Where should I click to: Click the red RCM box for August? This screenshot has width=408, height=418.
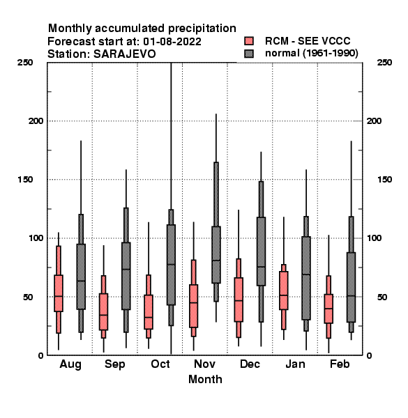[x=59, y=293]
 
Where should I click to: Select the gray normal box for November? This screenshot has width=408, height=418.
[x=216, y=254]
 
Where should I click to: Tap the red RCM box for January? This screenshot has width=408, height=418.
[x=284, y=291]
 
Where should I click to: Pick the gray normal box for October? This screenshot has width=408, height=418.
[x=171, y=265]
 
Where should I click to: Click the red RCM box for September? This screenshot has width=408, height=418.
[x=103, y=311]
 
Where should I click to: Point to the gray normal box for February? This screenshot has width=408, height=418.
[x=352, y=287]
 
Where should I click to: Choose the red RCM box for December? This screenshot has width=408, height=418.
[x=239, y=300]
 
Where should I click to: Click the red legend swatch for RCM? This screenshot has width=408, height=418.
[x=249, y=41]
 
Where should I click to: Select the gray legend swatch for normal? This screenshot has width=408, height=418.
[x=249, y=54]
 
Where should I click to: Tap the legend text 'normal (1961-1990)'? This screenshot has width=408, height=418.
[x=311, y=53]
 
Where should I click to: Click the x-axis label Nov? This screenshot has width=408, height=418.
[x=204, y=364]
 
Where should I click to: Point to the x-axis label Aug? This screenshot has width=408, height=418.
[x=70, y=364]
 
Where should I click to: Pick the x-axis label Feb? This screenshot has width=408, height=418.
[x=340, y=364]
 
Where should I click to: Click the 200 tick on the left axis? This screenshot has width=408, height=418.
[x=36, y=121]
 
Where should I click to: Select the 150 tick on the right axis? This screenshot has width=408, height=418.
[x=384, y=180]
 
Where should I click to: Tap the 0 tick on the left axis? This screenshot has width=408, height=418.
[x=40, y=355]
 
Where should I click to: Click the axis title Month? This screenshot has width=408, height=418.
[x=205, y=379]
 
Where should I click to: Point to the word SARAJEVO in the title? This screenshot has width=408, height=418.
[x=124, y=54]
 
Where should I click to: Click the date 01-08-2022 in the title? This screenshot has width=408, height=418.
[x=172, y=41]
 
